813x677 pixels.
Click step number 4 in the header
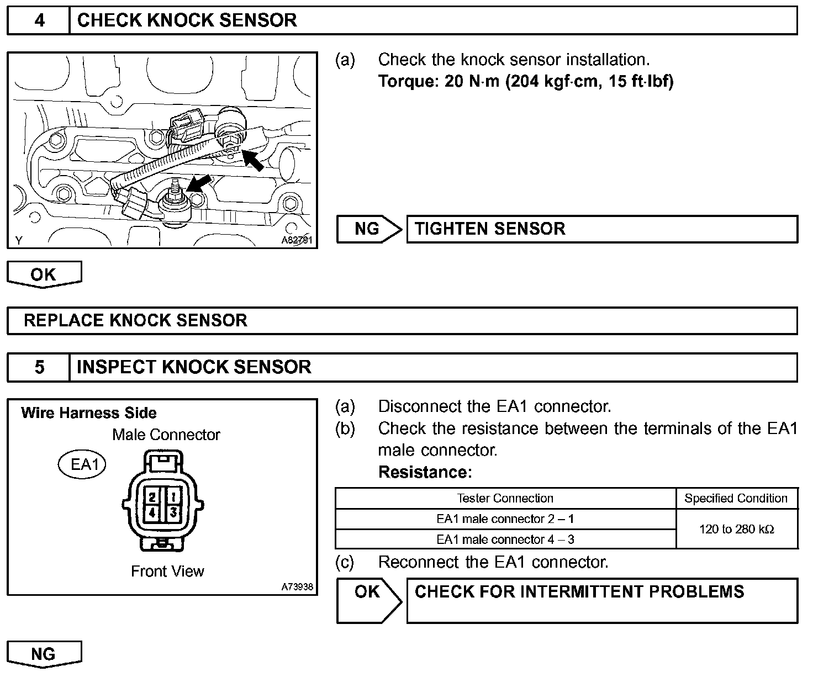39,20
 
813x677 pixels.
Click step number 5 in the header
39,367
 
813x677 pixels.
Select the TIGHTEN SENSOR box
601,229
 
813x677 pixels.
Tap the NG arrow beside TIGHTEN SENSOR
369,229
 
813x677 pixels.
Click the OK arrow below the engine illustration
44,274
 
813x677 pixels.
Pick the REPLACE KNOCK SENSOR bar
402,321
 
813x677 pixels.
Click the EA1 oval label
82,464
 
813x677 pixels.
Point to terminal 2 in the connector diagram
151,496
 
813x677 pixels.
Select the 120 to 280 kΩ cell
736,529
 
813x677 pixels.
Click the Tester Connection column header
505,498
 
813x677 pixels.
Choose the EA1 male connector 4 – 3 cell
505,539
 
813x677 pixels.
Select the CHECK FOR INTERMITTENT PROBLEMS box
601,600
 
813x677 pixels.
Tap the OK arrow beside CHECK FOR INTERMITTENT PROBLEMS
369,600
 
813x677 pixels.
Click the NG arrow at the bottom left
44,654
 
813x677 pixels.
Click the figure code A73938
297,587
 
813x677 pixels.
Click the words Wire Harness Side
89,413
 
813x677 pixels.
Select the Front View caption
167,571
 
